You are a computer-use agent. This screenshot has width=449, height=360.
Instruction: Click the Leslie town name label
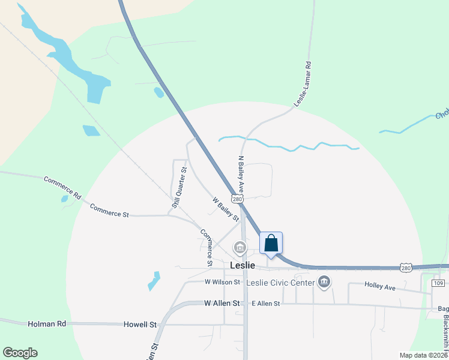point(243,265)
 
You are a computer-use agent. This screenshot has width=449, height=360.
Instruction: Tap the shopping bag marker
point(271,244)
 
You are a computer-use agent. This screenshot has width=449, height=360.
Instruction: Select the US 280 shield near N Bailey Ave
point(238,199)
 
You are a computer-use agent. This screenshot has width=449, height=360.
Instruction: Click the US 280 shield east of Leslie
point(406,268)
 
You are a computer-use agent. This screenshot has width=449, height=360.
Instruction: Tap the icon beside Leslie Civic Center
point(325,282)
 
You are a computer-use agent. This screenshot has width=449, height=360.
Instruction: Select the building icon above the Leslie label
point(240,247)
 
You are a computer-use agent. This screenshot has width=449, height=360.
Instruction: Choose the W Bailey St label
point(226,209)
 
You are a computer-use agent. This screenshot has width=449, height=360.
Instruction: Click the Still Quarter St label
point(179,188)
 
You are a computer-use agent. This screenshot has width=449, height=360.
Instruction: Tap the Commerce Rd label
point(62,187)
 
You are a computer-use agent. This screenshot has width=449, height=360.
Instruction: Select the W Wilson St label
point(222,281)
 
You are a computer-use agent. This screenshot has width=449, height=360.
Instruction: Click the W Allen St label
point(222,304)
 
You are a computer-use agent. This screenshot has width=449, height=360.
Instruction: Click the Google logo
point(20,353)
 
